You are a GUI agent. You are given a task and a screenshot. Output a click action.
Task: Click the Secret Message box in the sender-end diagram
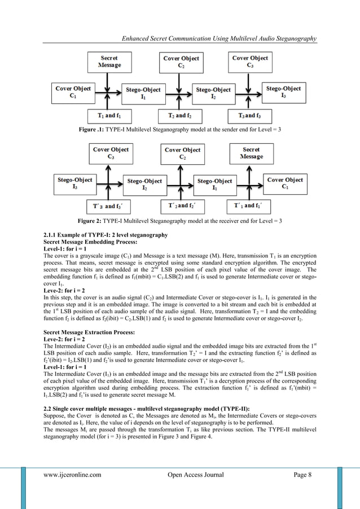point(109,62)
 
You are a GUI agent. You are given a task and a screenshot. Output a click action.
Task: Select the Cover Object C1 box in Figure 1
point(73,93)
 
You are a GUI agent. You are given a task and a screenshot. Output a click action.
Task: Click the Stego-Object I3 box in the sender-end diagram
point(283,93)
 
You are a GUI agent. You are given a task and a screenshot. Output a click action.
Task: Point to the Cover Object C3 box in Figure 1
point(250,62)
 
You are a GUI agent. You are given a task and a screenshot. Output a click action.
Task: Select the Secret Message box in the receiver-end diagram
point(251,153)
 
